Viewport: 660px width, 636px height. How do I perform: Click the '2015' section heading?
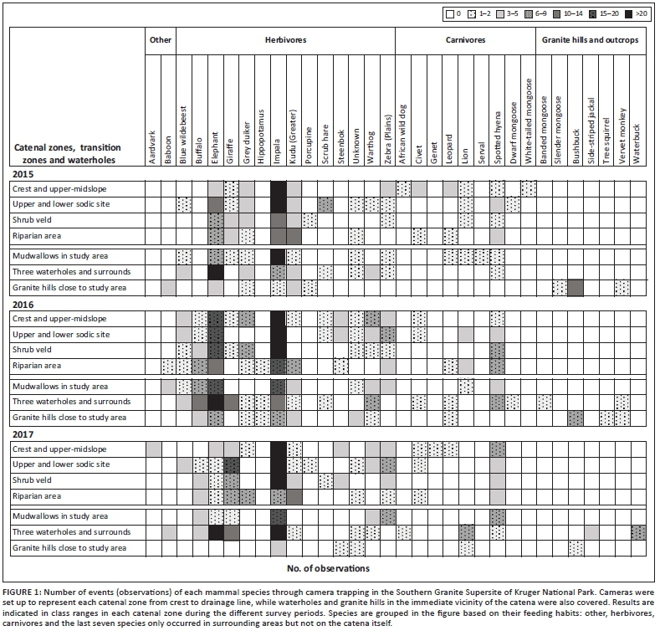pyautogui.click(x=24, y=173)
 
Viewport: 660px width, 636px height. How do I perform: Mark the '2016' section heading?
pyautogui.click(x=24, y=304)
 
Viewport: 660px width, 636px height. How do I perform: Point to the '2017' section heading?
pyautogui.click(x=24, y=433)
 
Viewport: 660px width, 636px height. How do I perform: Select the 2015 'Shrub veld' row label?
pyautogui.click(x=34, y=220)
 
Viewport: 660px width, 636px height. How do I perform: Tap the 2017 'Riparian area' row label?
pyautogui.click(x=39, y=495)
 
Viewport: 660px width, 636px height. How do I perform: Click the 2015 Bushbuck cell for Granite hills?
pyautogui.click(x=575, y=288)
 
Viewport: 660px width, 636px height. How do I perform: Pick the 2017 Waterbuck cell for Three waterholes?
pyautogui.click(x=638, y=532)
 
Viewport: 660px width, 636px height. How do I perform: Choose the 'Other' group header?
pyautogui.click(x=161, y=40)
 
